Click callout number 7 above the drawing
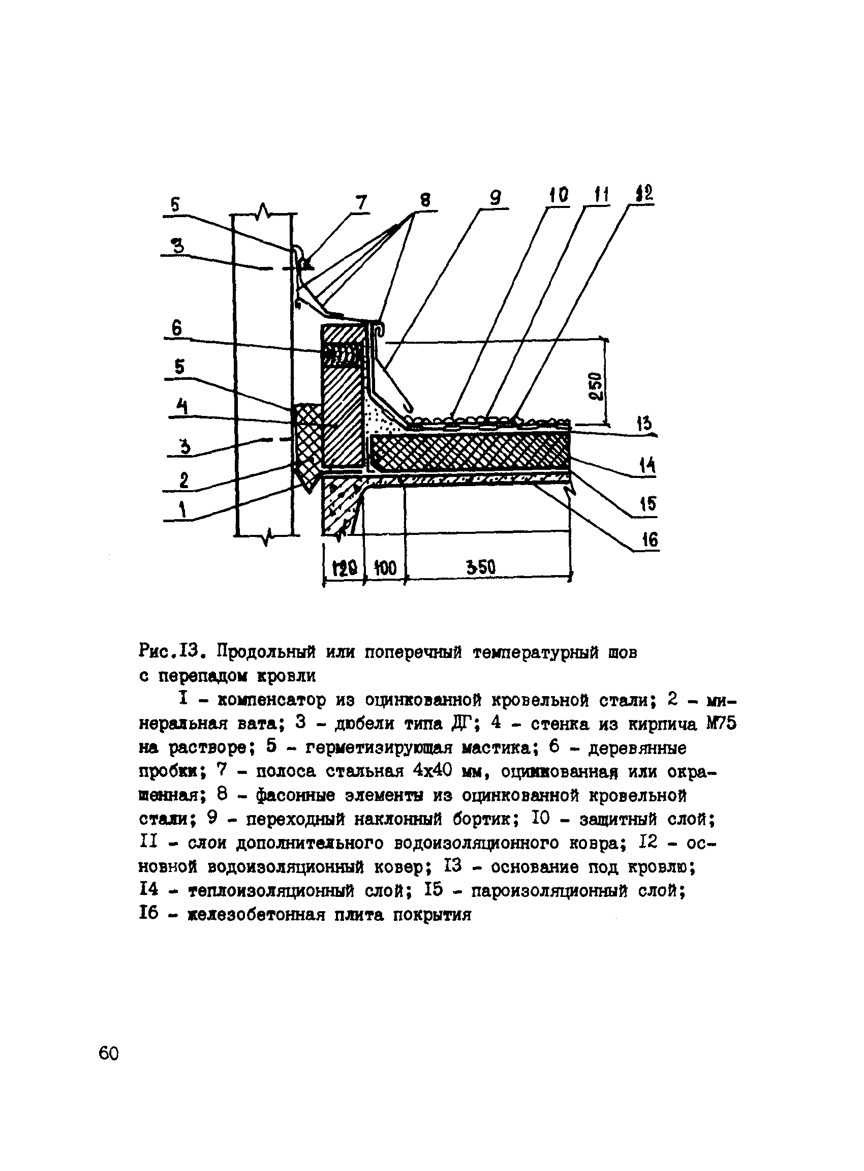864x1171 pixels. pos(361,202)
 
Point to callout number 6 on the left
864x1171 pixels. pos(177,328)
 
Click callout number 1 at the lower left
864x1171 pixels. pos(182,508)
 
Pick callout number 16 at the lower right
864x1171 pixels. pos(649,539)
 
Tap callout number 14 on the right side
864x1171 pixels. pos(647,465)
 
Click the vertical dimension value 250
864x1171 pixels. pos(596,386)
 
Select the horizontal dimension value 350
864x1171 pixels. pos(481,567)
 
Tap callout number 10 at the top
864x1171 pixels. pos(558,195)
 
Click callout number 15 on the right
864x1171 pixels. pos(647,504)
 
